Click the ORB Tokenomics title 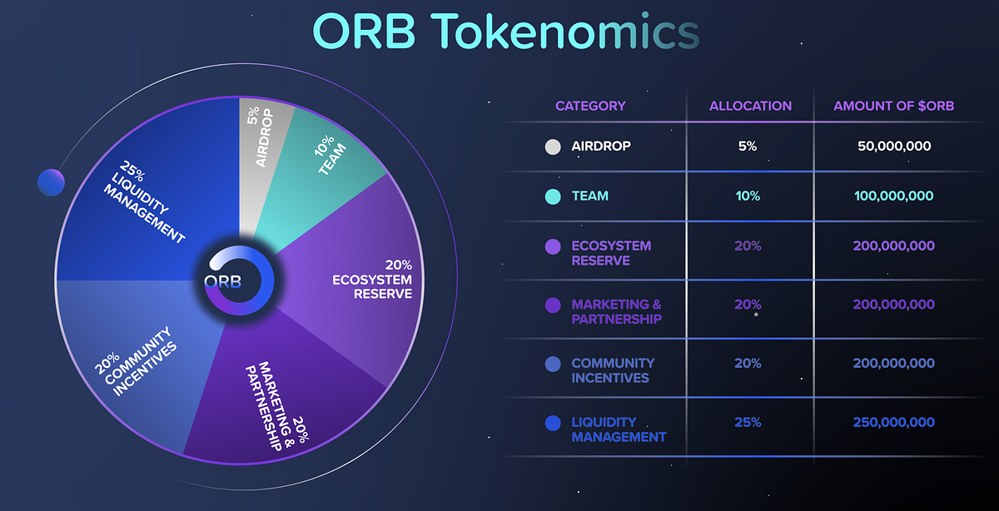(505, 32)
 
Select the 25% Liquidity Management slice (142, 200)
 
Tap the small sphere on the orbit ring (51, 182)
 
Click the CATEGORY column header (590, 106)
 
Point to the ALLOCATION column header (750, 106)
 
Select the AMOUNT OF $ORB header (893, 106)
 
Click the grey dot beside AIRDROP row (552, 146)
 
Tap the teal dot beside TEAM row (552, 196)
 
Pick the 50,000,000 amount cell (893, 146)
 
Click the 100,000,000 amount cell (893, 196)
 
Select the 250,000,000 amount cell (893, 423)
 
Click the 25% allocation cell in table (748, 423)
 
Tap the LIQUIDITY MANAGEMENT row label (618, 429)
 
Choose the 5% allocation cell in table (748, 146)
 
